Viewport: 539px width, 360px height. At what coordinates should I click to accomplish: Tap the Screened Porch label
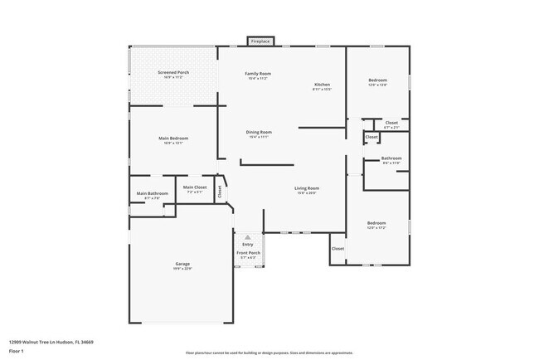click(x=174, y=72)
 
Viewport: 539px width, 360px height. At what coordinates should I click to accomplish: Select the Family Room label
click(x=258, y=74)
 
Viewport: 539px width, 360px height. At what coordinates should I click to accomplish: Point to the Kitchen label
click(x=322, y=85)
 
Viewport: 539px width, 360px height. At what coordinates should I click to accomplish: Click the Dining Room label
click(x=259, y=133)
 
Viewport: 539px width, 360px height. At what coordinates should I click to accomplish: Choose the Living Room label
click(x=307, y=188)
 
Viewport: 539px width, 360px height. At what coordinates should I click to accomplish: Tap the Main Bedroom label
click(x=174, y=138)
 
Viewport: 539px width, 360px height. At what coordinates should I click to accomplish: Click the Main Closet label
click(x=195, y=187)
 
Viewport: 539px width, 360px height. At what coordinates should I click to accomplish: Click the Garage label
click(x=182, y=264)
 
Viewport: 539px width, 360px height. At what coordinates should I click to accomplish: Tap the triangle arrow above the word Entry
click(x=247, y=237)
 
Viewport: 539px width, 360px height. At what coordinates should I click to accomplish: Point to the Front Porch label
click(x=248, y=253)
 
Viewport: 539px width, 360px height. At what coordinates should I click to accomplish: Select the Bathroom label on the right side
click(x=391, y=158)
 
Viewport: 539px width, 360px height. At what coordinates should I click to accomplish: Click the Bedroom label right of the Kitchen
click(x=377, y=80)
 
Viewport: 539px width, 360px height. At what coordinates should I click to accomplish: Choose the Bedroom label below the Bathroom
click(x=376, y=223)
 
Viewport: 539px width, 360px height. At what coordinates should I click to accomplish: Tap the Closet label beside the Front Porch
click(x=337, y=248)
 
